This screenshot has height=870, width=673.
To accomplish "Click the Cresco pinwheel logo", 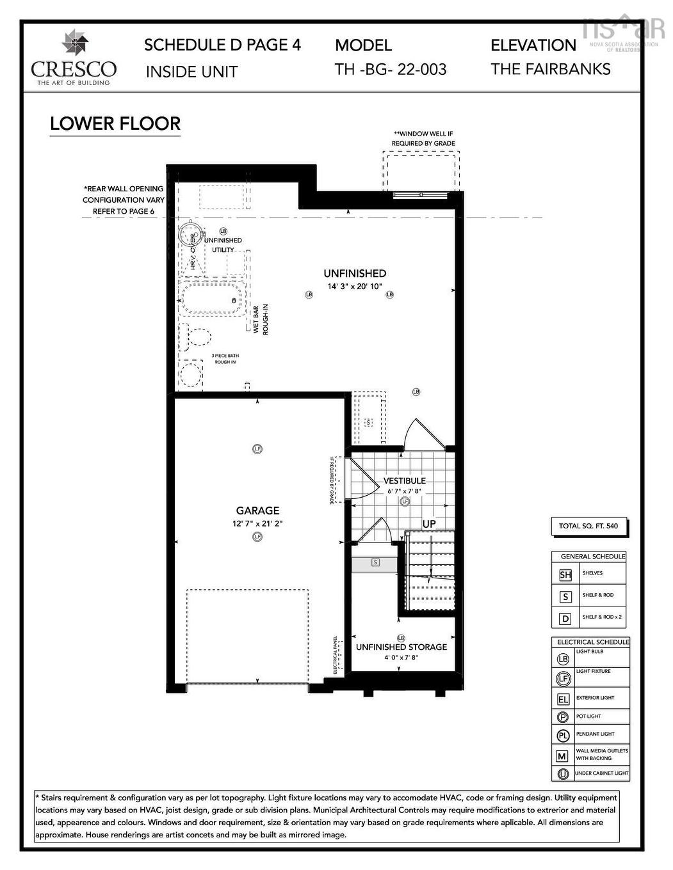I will point(75,43).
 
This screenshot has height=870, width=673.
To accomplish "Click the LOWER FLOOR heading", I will point(115,123).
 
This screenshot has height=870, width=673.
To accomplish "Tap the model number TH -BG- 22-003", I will point(390,69).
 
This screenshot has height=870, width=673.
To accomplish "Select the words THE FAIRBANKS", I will point(551,69).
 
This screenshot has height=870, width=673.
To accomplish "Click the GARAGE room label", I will point(257,510).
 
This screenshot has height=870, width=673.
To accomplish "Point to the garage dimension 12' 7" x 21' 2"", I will point(257,523).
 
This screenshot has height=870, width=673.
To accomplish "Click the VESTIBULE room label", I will point(404,480).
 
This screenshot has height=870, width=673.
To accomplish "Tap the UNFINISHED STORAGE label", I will point(401,647).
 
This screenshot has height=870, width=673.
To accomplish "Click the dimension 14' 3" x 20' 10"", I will point(355,287).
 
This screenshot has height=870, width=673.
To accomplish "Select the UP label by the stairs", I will point(429,523).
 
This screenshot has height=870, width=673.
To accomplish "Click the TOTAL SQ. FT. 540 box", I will point(588,526).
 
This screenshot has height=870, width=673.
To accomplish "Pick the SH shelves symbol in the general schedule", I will point(565,574).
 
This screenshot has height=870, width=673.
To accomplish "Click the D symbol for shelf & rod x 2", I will point(565,619).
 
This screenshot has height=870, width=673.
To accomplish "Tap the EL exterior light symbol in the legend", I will point(563,699).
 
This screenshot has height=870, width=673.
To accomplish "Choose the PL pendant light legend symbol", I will point(563,736).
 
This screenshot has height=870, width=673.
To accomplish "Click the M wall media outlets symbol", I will point(562,755).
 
